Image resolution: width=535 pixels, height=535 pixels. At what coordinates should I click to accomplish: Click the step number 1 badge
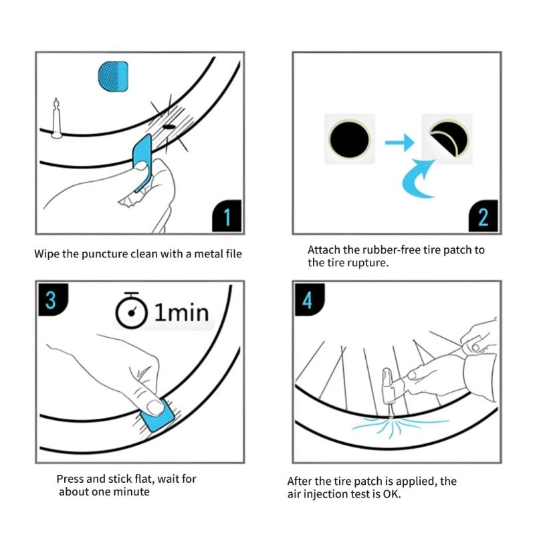coord(227,216)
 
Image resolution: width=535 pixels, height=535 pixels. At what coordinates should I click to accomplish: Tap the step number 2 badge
coord(483,216)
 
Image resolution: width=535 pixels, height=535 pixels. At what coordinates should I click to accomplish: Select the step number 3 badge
coord(53,300)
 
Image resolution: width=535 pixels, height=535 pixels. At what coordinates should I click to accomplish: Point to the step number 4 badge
coord(310,300)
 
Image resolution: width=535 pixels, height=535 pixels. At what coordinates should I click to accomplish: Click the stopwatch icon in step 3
coord(131,310)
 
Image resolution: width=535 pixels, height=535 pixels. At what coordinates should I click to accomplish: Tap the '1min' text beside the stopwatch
coord(181,312)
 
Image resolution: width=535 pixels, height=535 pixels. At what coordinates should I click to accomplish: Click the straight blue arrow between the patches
coord(399,142)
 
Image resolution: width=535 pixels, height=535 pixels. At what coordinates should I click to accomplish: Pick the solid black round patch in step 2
coord(349,139)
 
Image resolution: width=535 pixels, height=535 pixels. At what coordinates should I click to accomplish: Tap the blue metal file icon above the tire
coord(113,76)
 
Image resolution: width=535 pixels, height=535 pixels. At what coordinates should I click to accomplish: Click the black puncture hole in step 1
coord(169,127)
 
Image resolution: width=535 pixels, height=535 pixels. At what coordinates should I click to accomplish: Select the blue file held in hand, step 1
coord(142,163)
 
